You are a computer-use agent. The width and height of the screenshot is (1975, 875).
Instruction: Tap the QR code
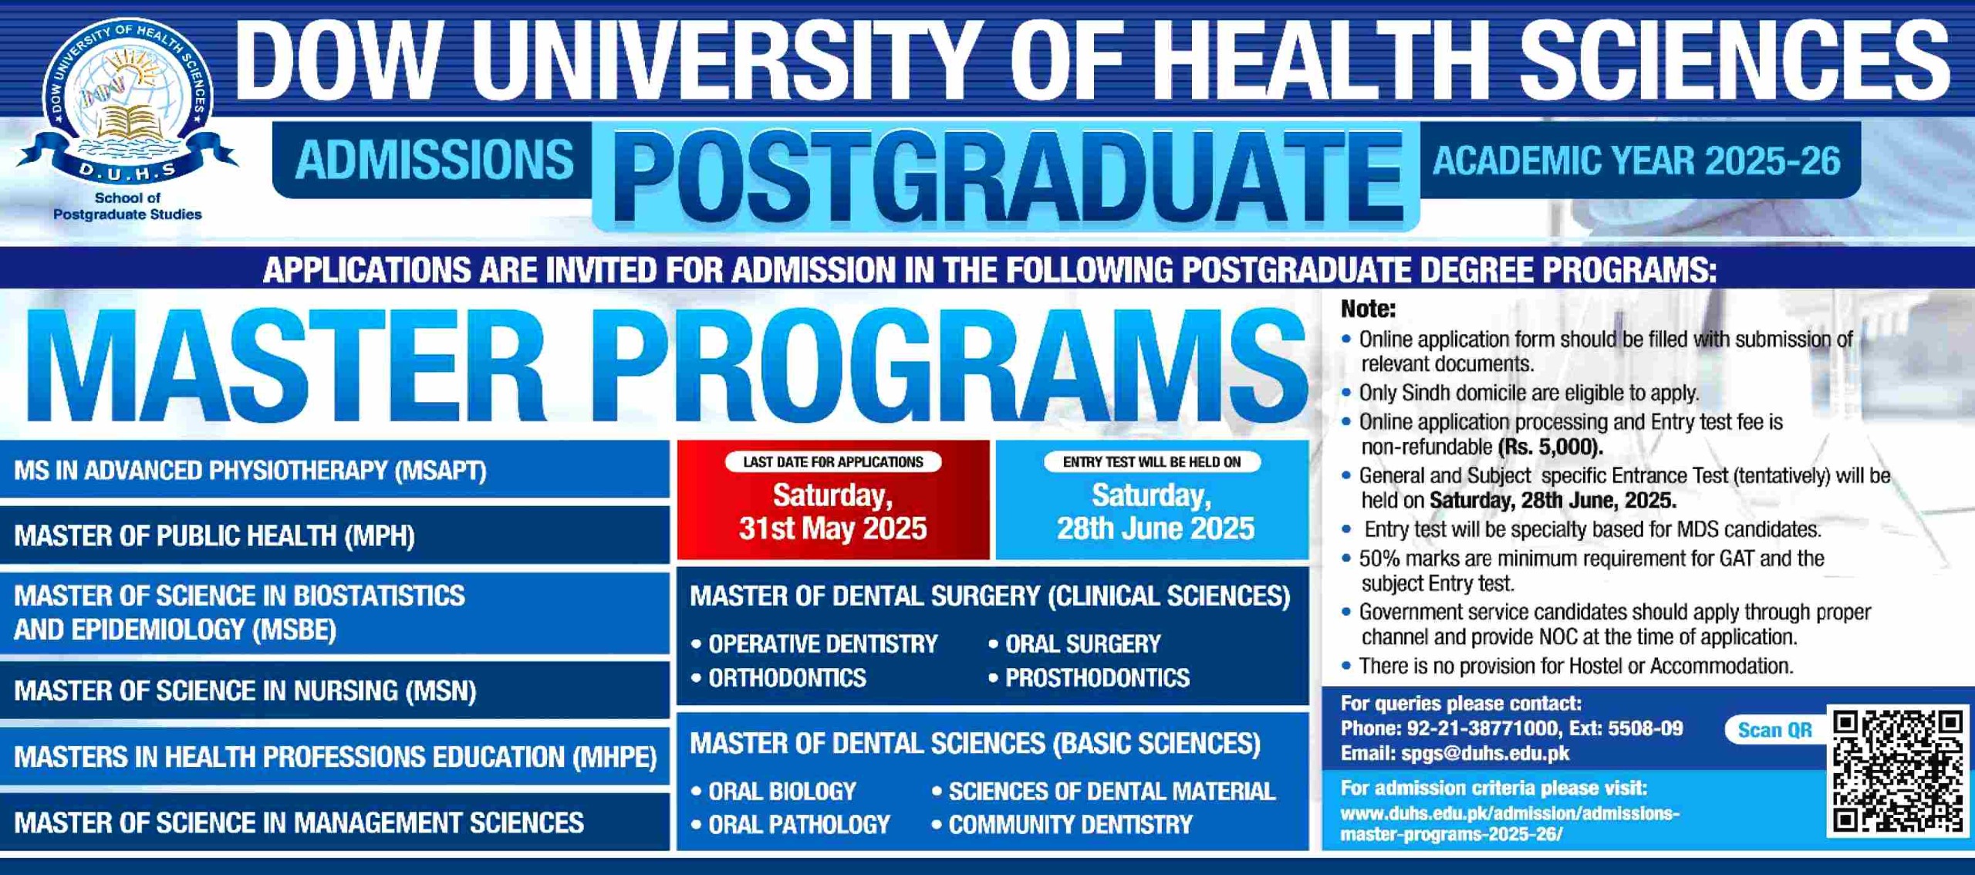click(1899, 771)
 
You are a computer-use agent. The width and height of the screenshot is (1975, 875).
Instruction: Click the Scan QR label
click(1774, 730)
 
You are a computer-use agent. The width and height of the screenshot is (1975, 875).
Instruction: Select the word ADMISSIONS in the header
click(434, 160)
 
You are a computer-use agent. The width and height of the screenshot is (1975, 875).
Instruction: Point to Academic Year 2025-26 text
click(1636, 160)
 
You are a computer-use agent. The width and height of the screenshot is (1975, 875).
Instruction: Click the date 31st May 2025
click(832, 529)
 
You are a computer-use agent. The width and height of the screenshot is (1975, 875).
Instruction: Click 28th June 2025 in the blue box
click(1155, 529)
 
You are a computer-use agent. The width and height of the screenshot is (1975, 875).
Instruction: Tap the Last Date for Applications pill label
click(833, 462)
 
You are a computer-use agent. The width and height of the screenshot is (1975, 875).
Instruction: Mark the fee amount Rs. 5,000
click(1551, 448)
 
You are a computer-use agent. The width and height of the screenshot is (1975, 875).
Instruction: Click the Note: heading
click(1368, 309)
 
